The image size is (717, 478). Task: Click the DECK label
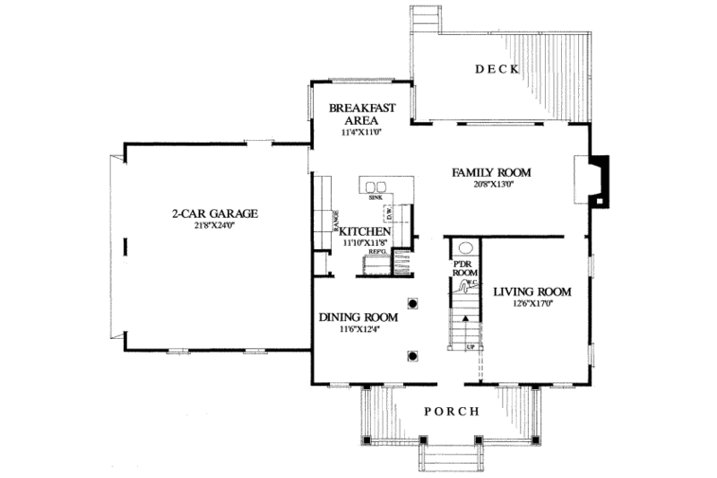[497, 69]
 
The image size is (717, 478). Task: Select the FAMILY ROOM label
[491, 172]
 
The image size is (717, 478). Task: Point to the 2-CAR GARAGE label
[215, 213]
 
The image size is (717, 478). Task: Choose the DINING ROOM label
[358, 317]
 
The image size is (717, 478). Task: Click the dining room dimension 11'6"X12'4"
[358, 329]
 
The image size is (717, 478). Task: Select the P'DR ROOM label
[464, 268]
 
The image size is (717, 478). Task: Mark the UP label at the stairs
[469, 346]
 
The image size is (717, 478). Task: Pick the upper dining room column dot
[413, 303]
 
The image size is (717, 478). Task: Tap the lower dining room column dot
[413, 356]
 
